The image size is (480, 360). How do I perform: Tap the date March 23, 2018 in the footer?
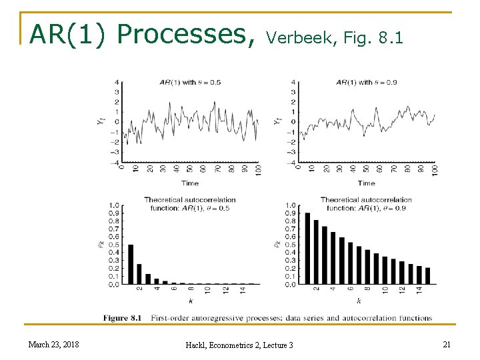tap(53, 344)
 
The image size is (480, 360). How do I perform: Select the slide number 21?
tap(446, 343)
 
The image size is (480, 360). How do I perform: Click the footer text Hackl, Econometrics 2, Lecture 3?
tap(239, 344)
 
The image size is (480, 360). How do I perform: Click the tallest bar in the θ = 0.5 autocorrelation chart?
tap(131, 264)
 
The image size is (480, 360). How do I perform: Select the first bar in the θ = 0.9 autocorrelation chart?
tap(307, 248)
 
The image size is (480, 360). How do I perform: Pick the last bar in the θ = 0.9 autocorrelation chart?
tap(427, 275)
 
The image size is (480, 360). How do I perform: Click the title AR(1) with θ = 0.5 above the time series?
tap(190, 82)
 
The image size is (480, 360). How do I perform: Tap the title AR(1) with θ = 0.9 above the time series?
tap(367, 82)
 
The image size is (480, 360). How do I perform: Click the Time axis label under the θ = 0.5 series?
tap(190, 183)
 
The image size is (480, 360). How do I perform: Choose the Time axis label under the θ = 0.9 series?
tap(366, 183)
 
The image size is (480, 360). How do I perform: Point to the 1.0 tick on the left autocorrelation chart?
tap(114, 205)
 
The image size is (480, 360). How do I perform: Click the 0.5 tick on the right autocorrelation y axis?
tap(290, 245)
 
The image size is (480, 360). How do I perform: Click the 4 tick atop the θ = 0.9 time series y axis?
tap(293, 82)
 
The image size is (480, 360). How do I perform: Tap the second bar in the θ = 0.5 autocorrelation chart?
tap(139, 274)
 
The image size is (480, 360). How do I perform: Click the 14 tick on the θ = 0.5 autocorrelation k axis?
tap(243, 291)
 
